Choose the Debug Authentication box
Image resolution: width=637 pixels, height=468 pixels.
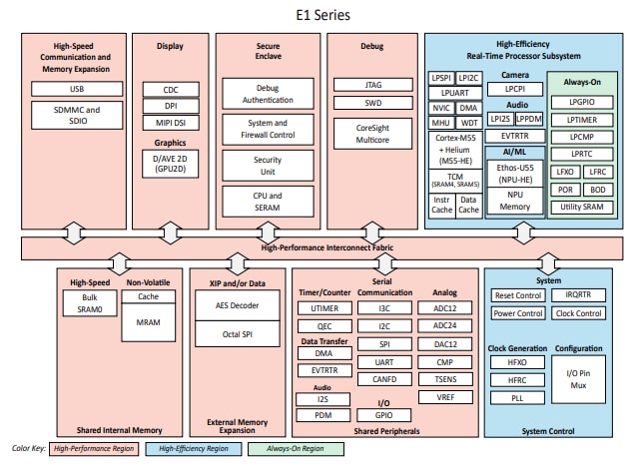pyautogui.click(x=254, y=93)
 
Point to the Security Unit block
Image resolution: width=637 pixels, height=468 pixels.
pyautogui.click(x=254, y=165)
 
